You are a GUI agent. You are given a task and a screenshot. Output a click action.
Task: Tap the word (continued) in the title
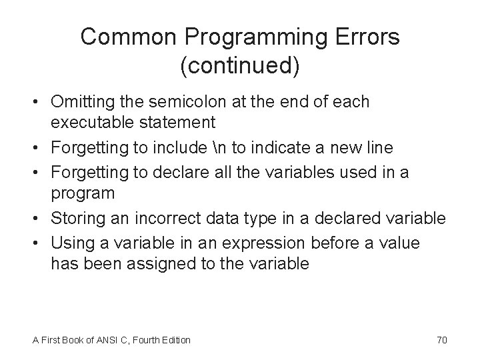(x=239, y=66)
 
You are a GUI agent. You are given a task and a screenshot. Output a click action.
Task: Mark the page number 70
(x=441, y=340)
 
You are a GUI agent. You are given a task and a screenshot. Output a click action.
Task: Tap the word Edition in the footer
(x=175, y=340)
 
